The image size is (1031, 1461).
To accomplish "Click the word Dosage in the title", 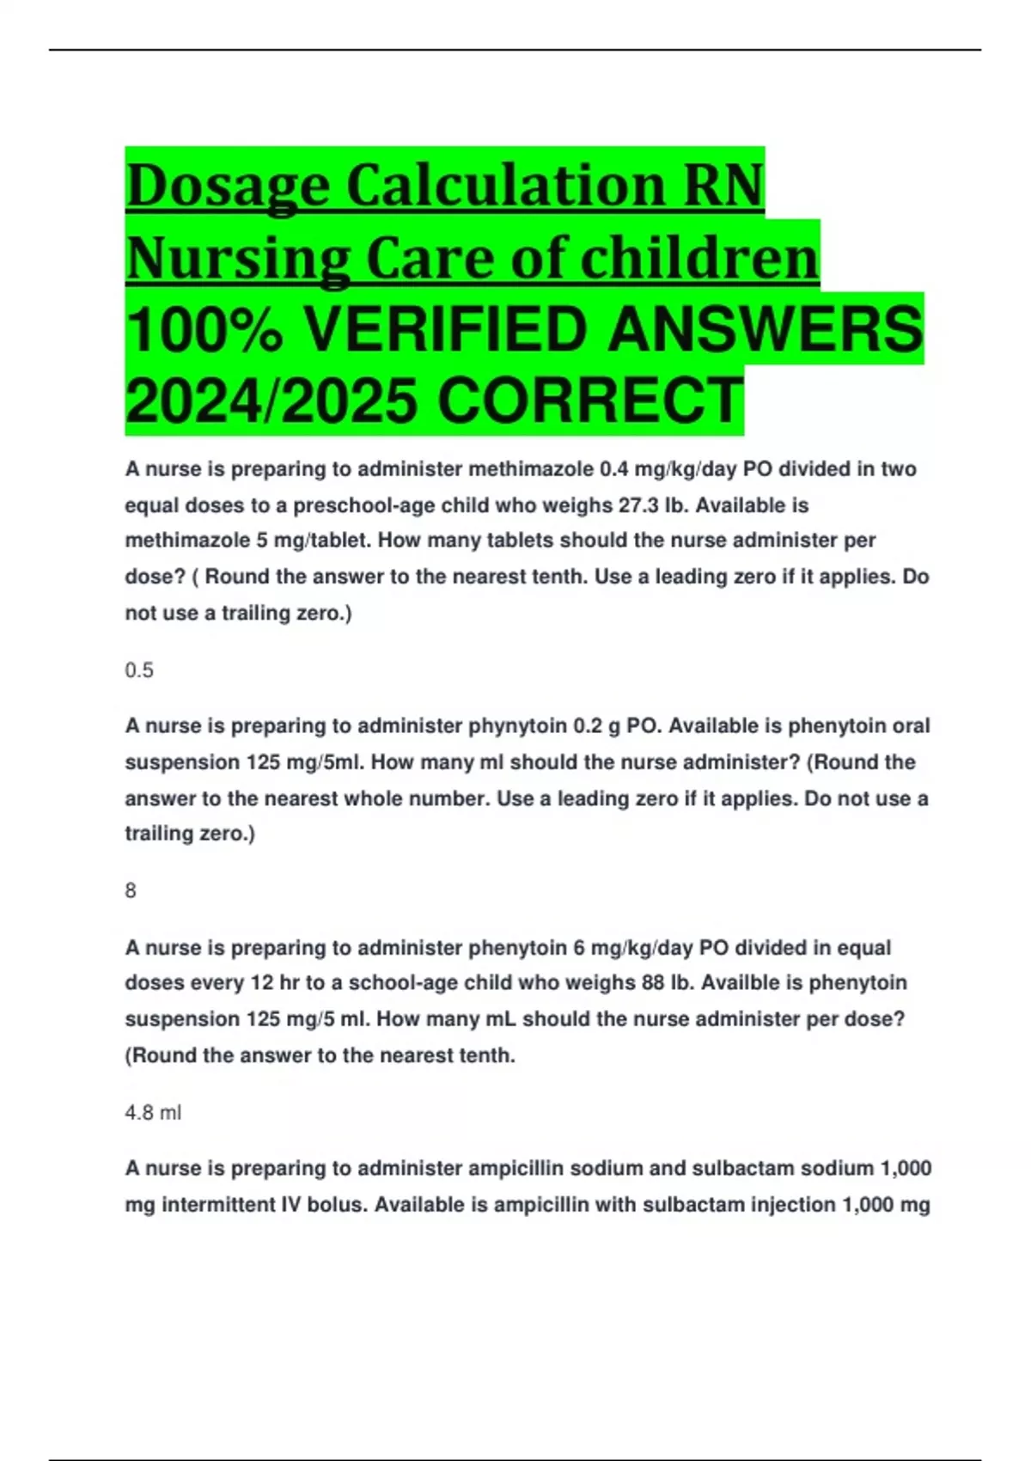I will (x=228, y=186).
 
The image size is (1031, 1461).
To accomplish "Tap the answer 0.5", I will (x=139, y=670).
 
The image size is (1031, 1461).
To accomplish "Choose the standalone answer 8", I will (x=131, y=891).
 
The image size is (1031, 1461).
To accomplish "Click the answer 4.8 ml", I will (x=153, y=1113).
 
